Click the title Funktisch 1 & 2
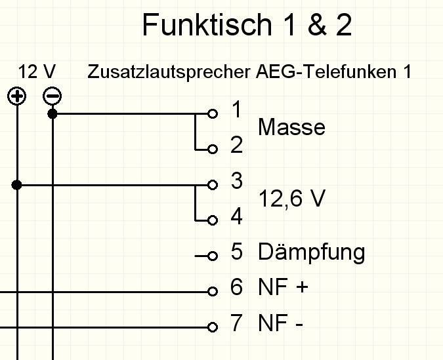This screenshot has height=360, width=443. (247, 26)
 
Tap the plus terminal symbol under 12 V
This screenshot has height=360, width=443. (16, 97)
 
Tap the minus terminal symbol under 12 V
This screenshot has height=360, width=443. (52, 97)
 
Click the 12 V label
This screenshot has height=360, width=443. (37, 71)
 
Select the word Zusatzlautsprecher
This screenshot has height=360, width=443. (168, 72)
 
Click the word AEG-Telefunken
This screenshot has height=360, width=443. (321, 71)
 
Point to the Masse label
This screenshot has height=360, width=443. (291, 127)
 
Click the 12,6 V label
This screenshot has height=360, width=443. (291, 198)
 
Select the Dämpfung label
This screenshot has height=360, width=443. (311, 252)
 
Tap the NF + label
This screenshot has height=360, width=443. (283, 287)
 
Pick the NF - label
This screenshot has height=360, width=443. (280, 323)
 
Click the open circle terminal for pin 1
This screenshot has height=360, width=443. (212, 113)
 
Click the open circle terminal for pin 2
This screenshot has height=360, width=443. (212, 150)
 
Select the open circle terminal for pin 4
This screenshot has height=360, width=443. (212, 220)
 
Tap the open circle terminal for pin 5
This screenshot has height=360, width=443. (212, 256)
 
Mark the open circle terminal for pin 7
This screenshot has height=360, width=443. (212, 327)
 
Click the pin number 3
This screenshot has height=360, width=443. (237, 181)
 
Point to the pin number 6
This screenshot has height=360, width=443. (237, 287)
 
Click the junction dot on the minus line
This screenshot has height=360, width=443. (53, 113)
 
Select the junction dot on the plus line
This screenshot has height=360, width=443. (17, 185)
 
